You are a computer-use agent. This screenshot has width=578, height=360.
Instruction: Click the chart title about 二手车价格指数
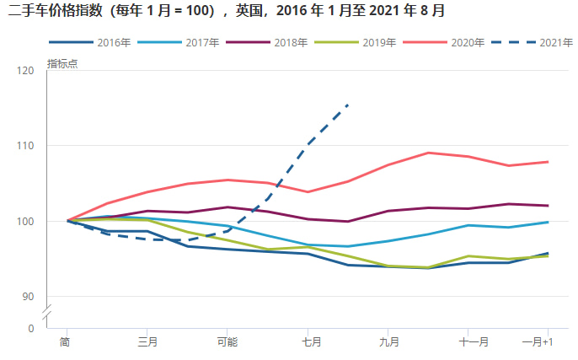pyautogui.click(x=227, y=11)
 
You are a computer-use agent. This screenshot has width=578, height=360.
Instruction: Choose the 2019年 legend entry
pyautogui.click(x=375, y=42)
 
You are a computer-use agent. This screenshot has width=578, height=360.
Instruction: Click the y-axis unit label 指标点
pyautogui.click(x=62, y=64)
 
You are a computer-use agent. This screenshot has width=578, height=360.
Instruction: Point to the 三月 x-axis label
pyautogui.click(x=147, y=341)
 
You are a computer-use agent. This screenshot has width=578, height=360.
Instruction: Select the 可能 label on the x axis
pyautogui.click(x=227, y=341)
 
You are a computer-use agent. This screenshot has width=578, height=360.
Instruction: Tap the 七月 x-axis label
pyautogui.click(x=308, y=341)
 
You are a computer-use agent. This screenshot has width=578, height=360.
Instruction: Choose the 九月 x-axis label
pyautogui.click(x=388, y=341)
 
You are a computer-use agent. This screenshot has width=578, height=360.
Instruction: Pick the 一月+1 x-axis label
pyautogui.click(x=538, y=341)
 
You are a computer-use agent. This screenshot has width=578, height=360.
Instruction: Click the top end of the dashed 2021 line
pyautogui.click(x=348, y=105)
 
